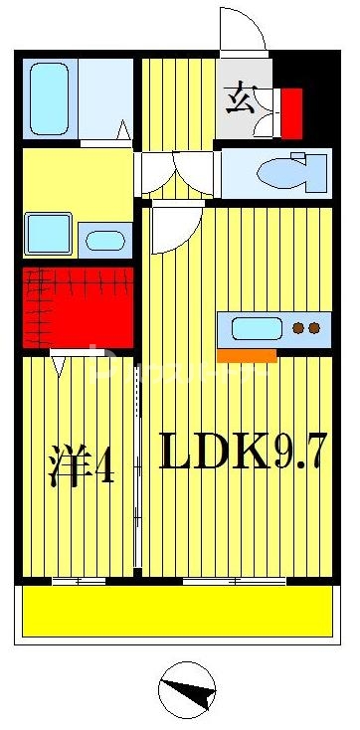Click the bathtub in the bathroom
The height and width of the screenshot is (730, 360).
click(48, 98)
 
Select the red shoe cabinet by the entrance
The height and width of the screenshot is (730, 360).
click(290, 112)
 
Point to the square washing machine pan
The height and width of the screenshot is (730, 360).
click(48, 234)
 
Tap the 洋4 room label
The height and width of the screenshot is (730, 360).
click(81, 466)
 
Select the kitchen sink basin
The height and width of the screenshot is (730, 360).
click(258, 327)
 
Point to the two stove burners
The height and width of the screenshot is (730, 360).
click(311, 327)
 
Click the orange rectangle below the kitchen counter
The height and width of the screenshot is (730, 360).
click(247, 355)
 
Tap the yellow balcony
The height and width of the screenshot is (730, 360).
click(176, 611)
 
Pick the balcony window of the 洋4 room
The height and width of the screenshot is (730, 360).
click(79, 580)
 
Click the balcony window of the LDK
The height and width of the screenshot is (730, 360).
click(235, 580)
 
